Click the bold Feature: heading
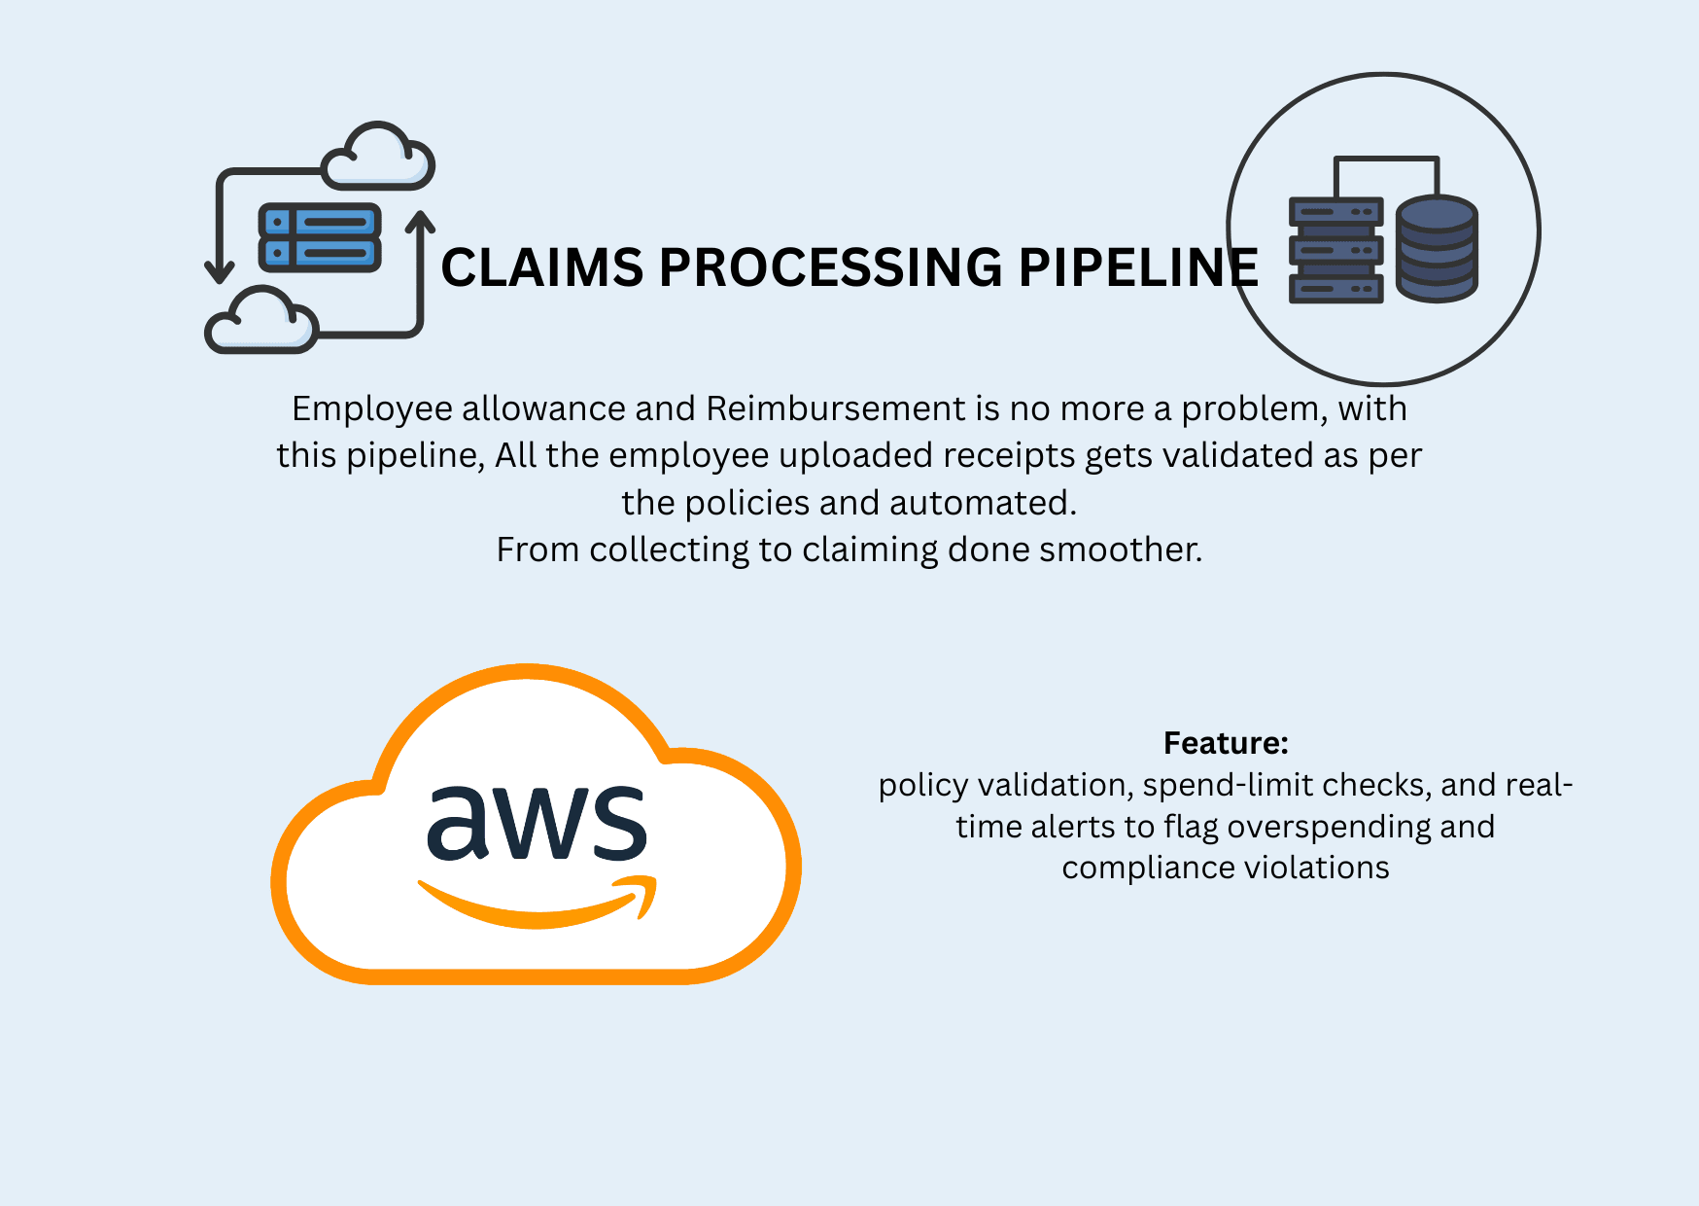(1225, 743)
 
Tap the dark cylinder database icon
(1437, 249)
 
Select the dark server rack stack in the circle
(1335, 251)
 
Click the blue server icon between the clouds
(320, 237)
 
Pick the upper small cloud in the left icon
(378, 158)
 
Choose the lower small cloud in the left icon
(260, 321)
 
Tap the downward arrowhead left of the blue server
(220, 269)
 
